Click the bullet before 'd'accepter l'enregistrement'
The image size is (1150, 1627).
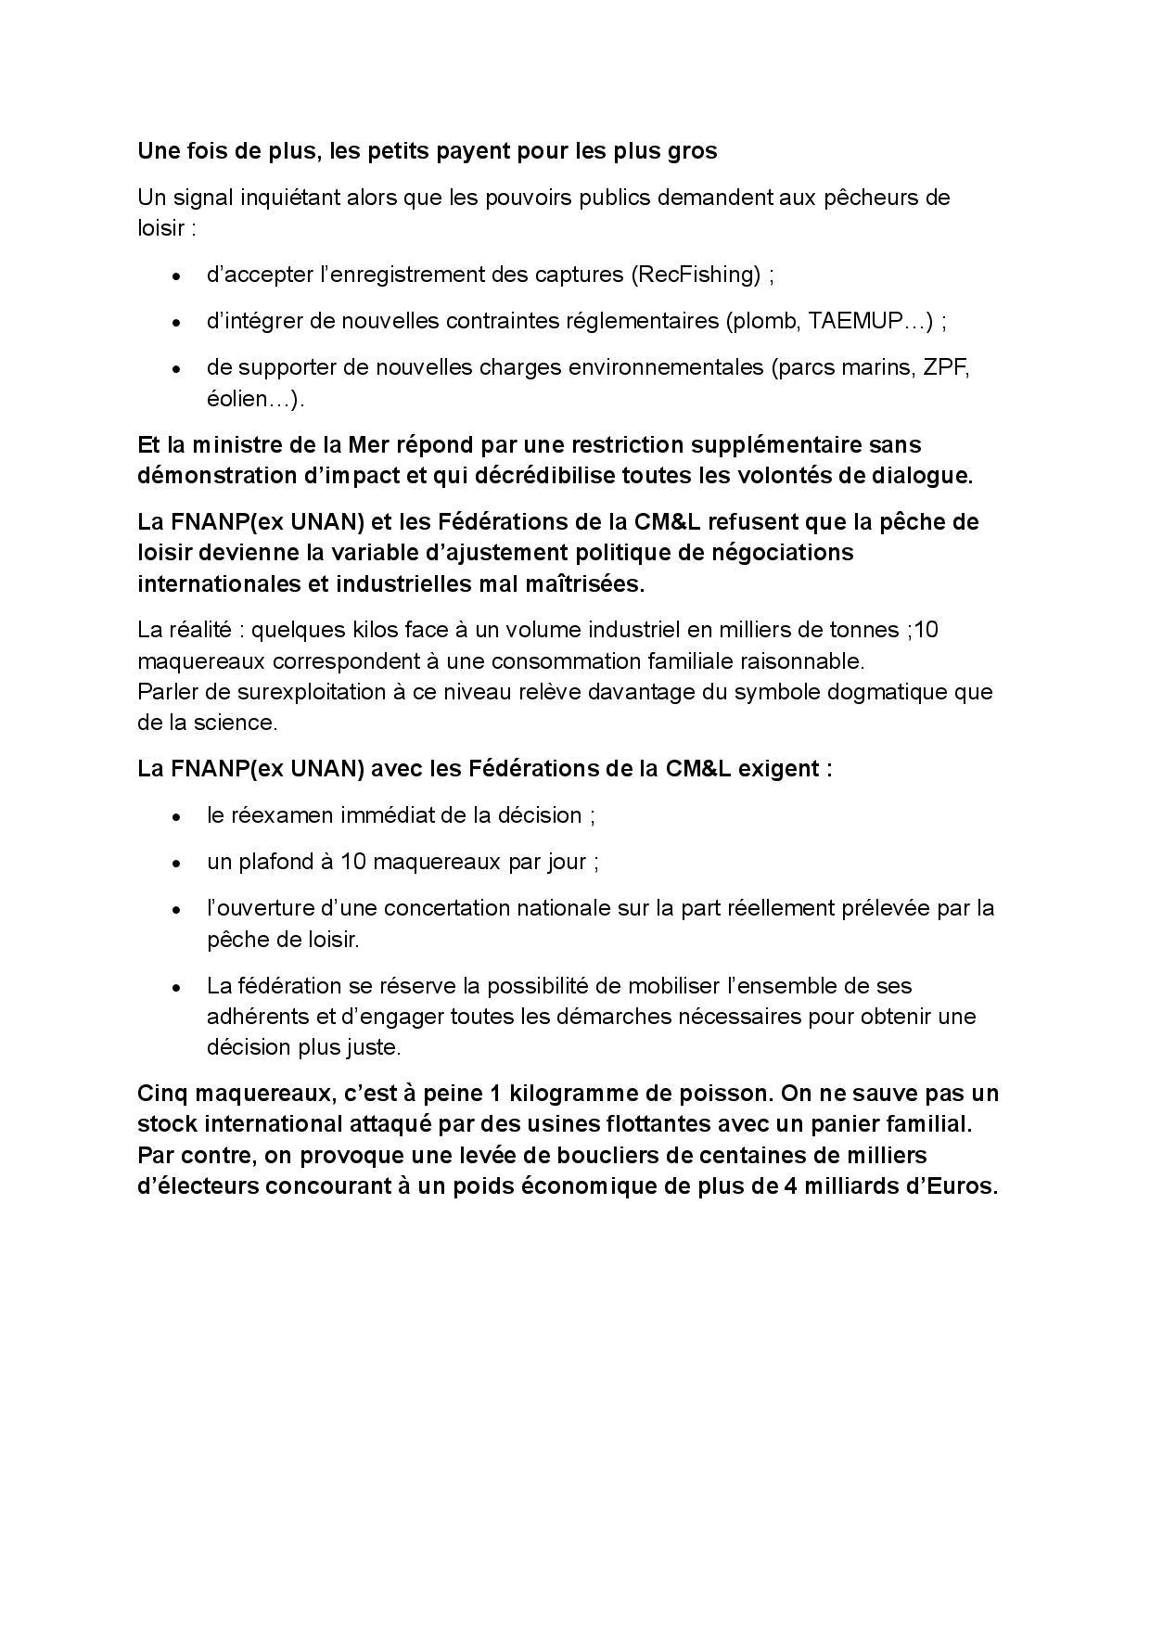[x=176, y=275]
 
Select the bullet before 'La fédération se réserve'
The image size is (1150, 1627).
[x=176, y=986]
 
